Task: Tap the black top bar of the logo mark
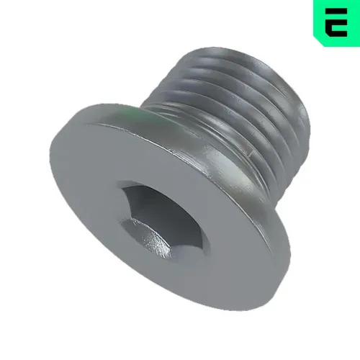(333, 12)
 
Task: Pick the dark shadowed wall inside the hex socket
(137, 205)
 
